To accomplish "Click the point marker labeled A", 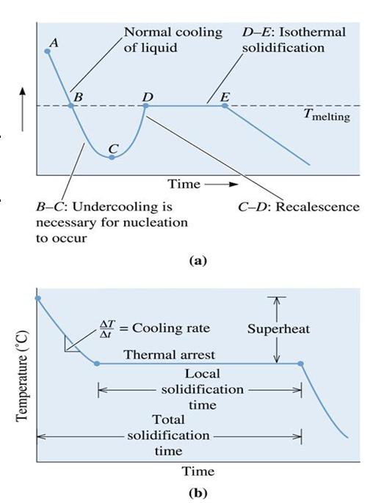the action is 48,51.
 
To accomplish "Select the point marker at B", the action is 71,106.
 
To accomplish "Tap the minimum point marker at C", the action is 112,157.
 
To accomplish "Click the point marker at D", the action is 145,106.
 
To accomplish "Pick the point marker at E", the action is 225,106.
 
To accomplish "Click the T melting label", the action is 327,115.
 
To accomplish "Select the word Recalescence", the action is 317,207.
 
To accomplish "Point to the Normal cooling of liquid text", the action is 173,40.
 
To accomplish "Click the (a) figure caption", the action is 198,260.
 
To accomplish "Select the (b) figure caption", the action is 198,492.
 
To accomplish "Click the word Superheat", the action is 278,329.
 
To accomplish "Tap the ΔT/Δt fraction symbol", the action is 106,329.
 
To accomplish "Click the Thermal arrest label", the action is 170,355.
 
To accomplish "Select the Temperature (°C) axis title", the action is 22,375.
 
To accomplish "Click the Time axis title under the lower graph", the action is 198,471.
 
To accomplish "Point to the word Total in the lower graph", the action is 168,419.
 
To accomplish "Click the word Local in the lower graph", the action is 203,374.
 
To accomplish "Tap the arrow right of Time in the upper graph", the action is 221,184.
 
